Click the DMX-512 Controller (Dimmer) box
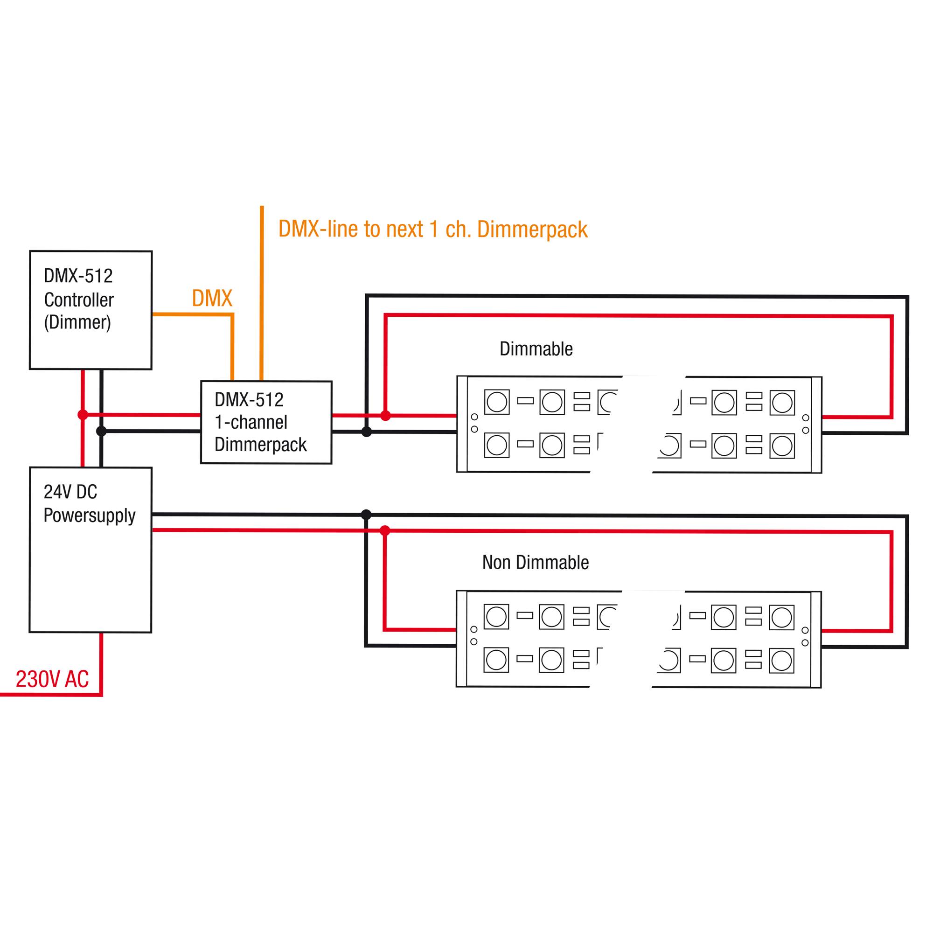[91, 310]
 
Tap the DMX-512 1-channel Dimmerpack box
[266, 422]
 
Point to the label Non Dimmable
[535, 562]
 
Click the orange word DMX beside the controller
[212, 299]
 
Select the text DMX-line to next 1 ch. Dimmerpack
[433, 229]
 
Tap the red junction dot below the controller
[83, 414]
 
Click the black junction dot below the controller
[101, 431]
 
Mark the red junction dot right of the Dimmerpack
[385, 415]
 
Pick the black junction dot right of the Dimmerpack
[367, 432]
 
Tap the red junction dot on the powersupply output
[385, 531]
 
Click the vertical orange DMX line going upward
[262, 290]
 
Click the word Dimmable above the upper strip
[536, 348]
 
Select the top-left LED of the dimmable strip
[496, 402]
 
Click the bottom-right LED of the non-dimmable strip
[781, 660]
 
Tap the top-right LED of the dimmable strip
[782, 402]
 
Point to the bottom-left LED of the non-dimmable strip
[496, 660]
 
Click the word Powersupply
[90, 516]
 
